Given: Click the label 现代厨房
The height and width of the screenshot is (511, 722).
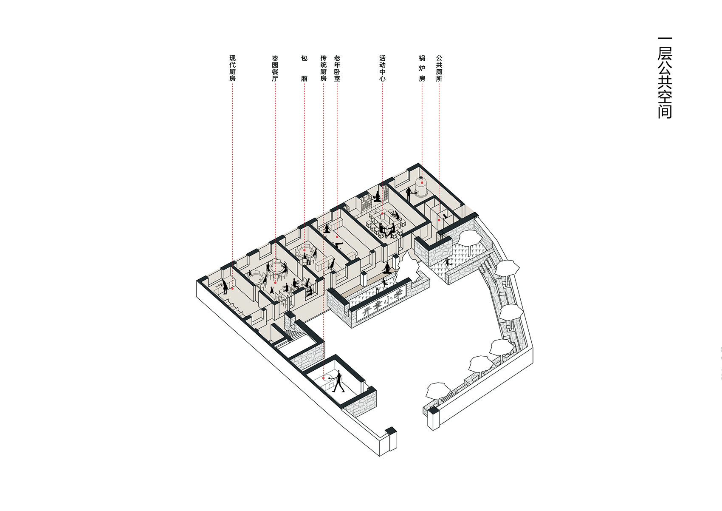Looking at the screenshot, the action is pos(232,68).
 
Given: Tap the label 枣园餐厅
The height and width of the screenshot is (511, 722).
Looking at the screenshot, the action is pos(275,68).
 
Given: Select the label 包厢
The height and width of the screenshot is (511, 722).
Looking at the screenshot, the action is pos(304,68).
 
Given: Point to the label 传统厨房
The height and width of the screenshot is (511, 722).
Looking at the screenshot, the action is pos(323,68).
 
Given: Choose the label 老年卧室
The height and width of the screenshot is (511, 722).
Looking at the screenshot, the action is pos(337,68).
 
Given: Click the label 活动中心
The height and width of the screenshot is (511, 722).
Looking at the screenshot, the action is pos(382,68).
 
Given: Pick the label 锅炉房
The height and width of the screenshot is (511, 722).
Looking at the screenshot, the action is pos(422,68).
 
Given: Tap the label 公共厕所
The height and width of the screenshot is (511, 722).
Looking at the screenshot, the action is pos(439,68).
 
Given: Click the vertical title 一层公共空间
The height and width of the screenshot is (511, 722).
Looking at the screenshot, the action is pos(665,78).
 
